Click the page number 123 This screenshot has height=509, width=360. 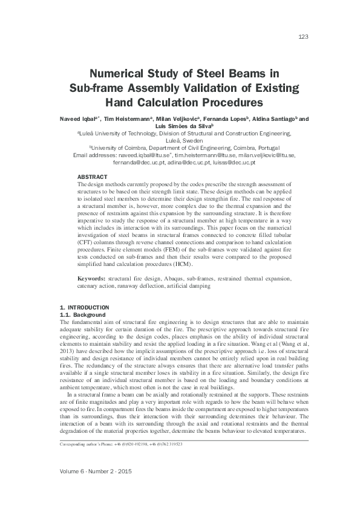[x=304, y=37]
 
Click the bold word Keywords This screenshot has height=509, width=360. [x=92, y=279]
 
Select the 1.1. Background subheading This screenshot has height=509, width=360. [x=80, y=315]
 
